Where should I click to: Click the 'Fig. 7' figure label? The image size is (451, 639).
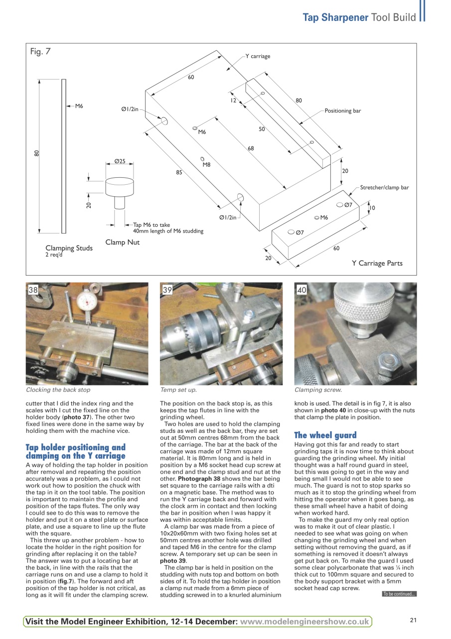coord(40,51)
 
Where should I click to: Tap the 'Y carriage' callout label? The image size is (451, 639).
coord(258,56)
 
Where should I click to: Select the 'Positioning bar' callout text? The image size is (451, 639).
coord(343,111)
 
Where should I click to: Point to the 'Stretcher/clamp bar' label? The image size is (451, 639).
coord(384,188)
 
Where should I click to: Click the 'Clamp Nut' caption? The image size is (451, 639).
coord(123,242)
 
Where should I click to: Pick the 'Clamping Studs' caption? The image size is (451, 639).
coord(69,248)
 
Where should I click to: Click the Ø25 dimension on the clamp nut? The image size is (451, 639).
coord(120,161)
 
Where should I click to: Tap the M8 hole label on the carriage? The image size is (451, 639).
coord(206,164)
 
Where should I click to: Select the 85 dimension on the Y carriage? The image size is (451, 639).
coord(179,172)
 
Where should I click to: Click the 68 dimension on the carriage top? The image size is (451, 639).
coord(251,148)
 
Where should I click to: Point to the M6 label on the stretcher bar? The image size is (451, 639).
coord(324,218)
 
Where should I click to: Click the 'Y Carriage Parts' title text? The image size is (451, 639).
coord(377,263)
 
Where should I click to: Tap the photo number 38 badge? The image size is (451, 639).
coord(33,290)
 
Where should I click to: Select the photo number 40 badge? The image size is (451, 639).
coord(301,290)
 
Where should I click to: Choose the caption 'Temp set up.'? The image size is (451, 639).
coord(178,390)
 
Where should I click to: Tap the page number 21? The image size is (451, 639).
coord(413,620)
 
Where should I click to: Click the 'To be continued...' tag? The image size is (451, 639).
coord(399,594)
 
